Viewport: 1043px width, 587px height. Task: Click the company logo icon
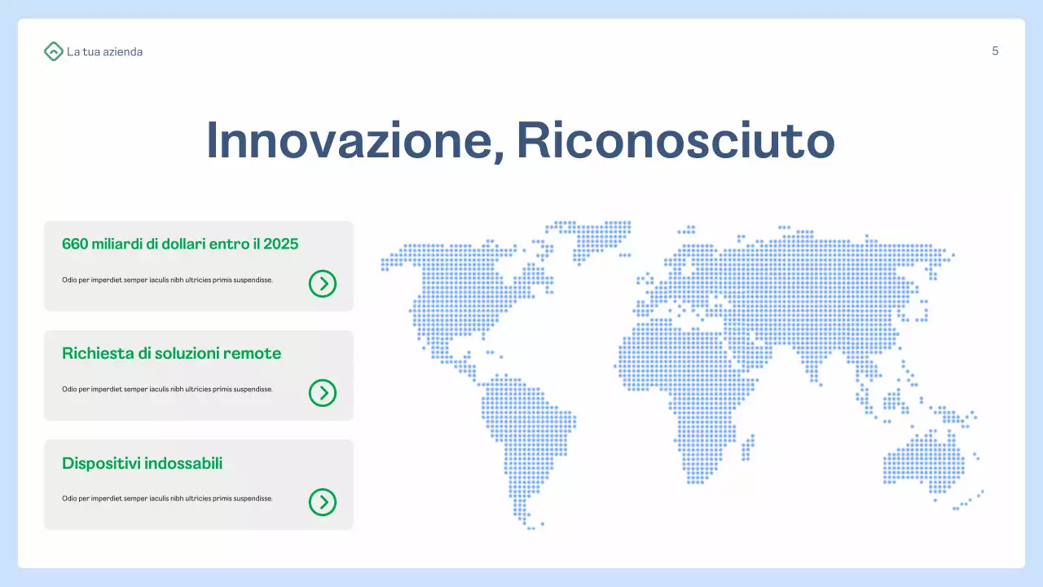(x=53, y=51)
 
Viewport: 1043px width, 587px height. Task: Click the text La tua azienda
(x=104, y=51)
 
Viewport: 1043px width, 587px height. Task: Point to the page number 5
(x=995, y=51)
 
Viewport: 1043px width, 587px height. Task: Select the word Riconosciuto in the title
(x=676, y=140)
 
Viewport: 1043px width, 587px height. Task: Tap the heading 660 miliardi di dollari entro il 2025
(x=180, y=244)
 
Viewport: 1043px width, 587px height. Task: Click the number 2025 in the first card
(x=281, y=244)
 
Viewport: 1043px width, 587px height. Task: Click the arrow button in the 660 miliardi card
(x=323, y=284)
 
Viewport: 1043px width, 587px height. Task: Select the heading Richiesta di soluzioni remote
(x=171, y=353)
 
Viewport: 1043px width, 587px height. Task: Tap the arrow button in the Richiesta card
(x=323, y=393)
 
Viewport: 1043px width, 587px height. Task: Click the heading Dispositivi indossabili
(x=142, y=463)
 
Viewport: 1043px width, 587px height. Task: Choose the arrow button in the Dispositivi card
(x=323, y=502)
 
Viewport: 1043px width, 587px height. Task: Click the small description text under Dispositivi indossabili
(x=167, y=498)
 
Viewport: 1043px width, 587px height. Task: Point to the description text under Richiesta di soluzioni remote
(x=167, y=389)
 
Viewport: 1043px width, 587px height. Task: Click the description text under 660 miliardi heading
(x=167, y=280)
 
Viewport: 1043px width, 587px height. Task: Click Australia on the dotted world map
(x=925, y=461)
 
